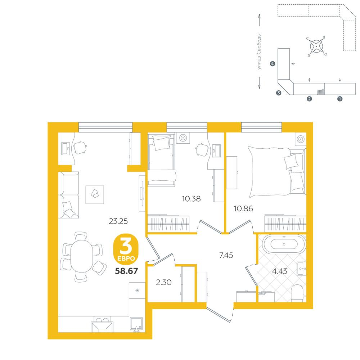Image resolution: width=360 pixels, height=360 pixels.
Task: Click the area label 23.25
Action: (118, 221)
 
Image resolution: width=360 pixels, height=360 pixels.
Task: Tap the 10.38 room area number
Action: (191, 199)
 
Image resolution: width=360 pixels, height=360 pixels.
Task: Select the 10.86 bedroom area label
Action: (243, 208)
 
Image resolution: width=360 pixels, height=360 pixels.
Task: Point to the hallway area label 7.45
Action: (226, 255)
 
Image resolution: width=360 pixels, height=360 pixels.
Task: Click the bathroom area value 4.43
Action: (280, 271)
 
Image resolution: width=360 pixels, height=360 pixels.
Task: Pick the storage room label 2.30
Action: (164, 282)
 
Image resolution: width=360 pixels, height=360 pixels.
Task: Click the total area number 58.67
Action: (126, 271)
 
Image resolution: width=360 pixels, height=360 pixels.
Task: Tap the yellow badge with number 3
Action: (126, 249)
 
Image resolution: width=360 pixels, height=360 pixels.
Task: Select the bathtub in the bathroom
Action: (284, 244)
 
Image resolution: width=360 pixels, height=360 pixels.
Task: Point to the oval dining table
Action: (81, 256)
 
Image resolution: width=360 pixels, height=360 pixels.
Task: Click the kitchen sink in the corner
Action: (136, 324)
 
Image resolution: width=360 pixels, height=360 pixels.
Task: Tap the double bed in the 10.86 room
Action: (276, 172)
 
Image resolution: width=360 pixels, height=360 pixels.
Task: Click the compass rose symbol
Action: (316, 46)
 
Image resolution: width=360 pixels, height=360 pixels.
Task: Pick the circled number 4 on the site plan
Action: (273, 64)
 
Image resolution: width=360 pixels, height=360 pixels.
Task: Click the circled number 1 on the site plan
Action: (340, 99)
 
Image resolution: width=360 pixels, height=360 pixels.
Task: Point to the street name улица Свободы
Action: (259, 51)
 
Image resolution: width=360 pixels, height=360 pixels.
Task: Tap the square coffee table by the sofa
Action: (95, 195)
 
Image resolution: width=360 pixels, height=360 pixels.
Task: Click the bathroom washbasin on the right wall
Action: (301, 269)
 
